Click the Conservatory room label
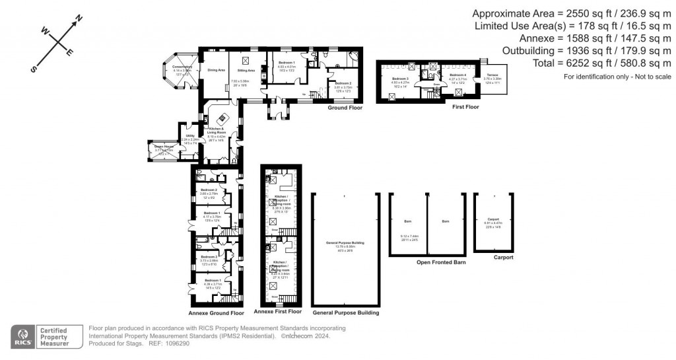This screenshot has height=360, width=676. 179,67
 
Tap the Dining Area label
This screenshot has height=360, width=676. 217,70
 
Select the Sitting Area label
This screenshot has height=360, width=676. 247,70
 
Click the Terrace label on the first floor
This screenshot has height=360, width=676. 493,76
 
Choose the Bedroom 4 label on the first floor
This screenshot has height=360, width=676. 457,75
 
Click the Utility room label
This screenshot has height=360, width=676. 189,136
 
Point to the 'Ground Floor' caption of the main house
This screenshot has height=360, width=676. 345,107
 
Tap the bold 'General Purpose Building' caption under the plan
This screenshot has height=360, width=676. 345,312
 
